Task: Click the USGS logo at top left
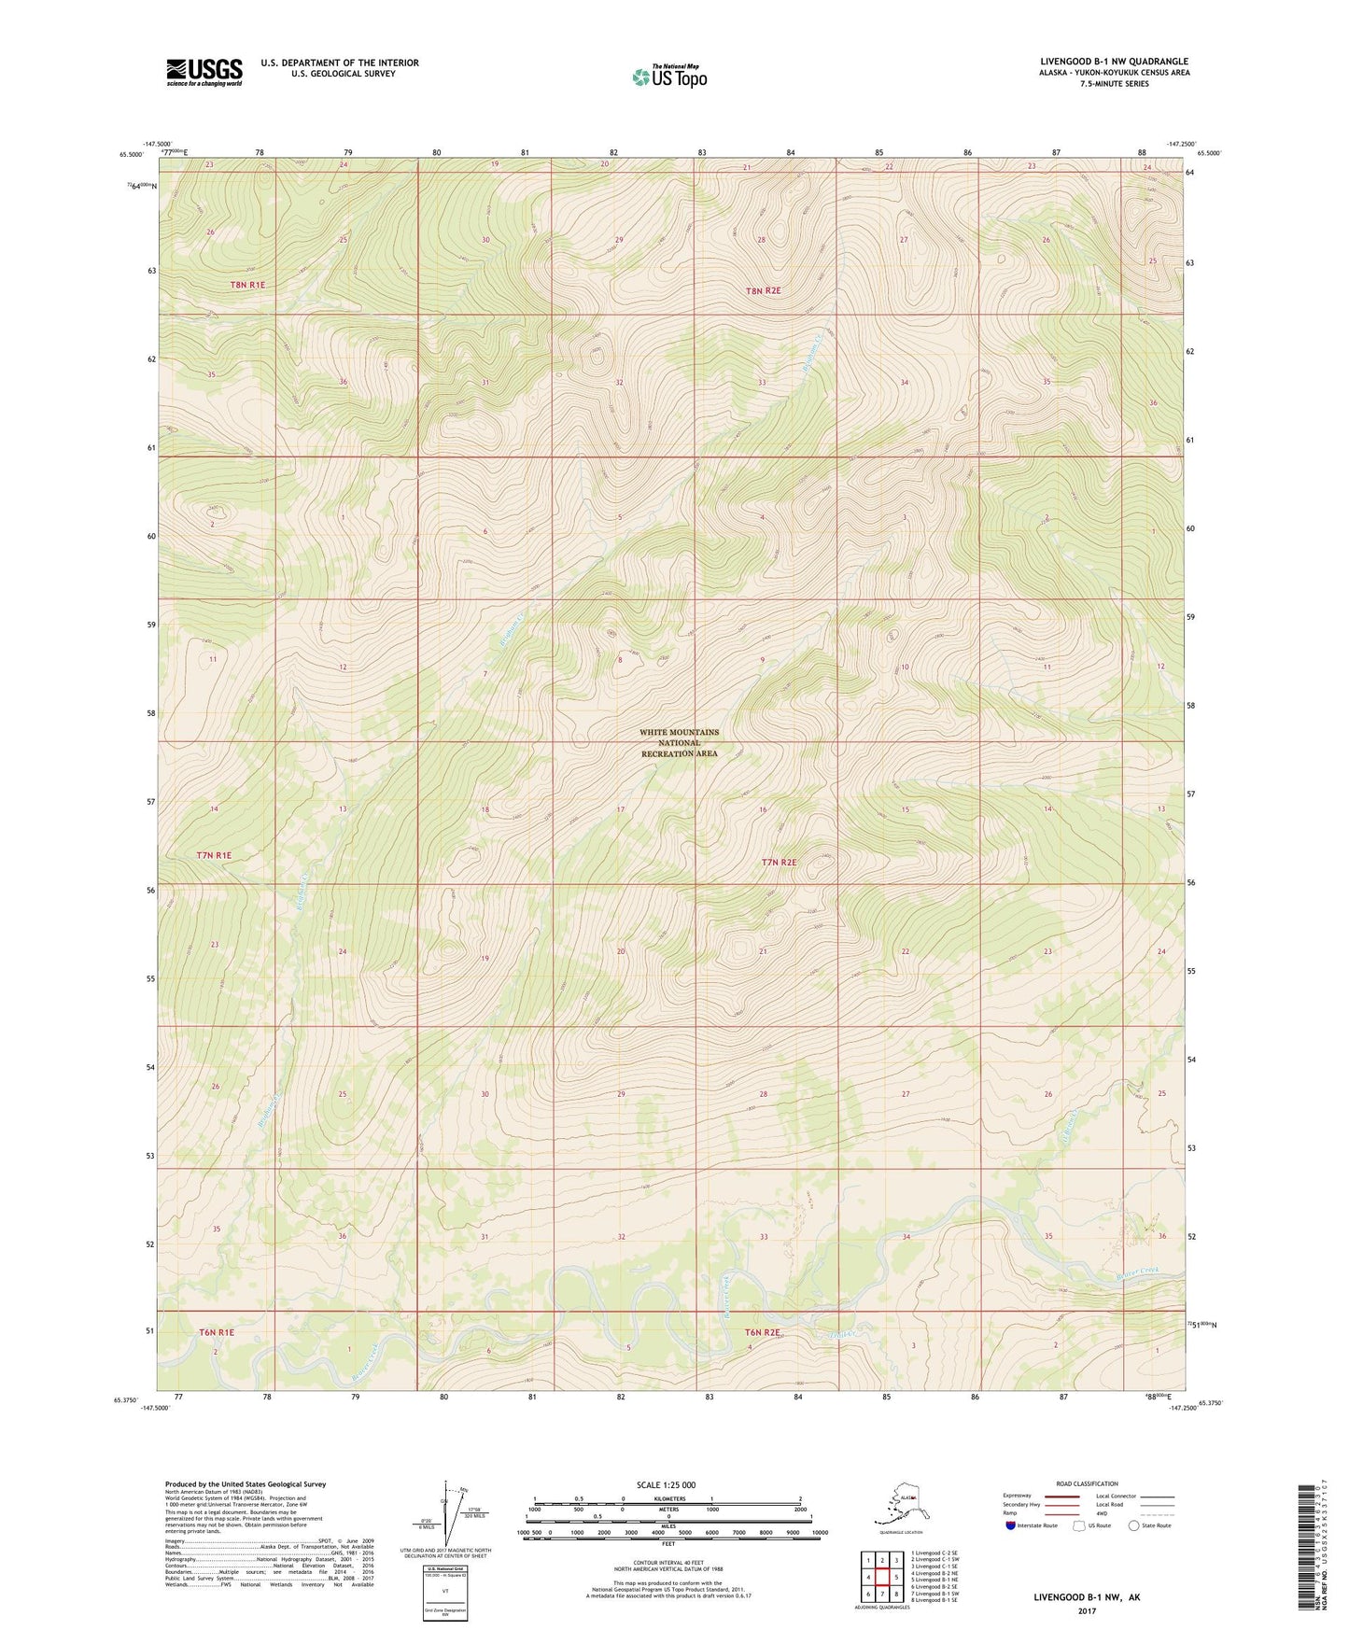coord(204,72)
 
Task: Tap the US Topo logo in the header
coord(668,76)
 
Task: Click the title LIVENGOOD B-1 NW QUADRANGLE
coord(1114,62)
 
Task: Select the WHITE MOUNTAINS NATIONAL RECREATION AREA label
coord(679,743)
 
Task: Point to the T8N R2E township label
coord(763,291)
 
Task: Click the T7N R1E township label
coord(214,855)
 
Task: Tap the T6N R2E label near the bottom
coord(762,1333)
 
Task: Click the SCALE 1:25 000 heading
coord(665,1485)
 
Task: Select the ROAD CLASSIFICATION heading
coord(1087,1483)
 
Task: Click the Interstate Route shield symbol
coord(1011,1525)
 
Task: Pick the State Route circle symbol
coord(1134,1525)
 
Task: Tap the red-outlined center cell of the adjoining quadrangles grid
coord(881,1577)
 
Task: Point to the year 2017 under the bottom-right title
coord(1086,1610)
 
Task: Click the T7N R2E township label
coord(780,863)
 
